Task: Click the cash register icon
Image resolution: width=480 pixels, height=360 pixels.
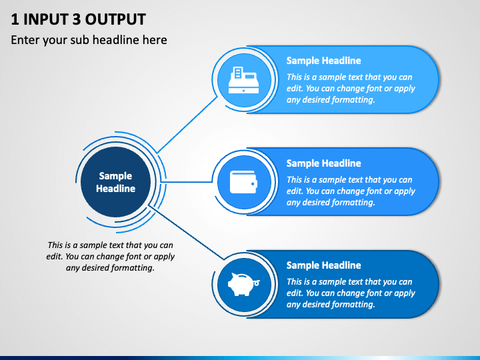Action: tap(244, 80)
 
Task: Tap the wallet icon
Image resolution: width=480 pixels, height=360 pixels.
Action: tap(244, 182)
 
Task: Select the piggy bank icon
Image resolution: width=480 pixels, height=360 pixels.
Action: tap(244, 284)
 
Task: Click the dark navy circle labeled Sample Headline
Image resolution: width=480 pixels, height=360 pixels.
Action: tap(116, 182)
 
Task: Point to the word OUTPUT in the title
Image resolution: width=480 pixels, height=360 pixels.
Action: tap(115, 19)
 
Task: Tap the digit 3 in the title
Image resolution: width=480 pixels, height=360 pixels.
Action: tap(77, 19)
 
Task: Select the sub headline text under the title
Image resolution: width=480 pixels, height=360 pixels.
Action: tap(89, 40)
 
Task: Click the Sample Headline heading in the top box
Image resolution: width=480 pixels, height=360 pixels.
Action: tap(323, 61)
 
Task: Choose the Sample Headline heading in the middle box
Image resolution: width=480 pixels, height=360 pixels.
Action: tap(323, 163)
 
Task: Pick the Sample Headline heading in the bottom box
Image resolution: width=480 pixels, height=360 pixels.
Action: tap(323, 265)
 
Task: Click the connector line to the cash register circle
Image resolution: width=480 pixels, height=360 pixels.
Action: tap(187, 125)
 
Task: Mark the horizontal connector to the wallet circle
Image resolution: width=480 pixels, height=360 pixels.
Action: tap(186, 182)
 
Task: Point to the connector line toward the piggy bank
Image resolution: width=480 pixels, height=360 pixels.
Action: tap(186, 233)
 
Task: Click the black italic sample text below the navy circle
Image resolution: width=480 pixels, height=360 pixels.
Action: tap(110, 257)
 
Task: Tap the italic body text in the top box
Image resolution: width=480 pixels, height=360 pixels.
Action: tap(351, 89)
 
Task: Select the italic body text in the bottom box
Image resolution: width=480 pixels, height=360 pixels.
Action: tap(351, 293)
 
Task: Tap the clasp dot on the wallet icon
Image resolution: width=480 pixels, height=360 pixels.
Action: tap(253, 184)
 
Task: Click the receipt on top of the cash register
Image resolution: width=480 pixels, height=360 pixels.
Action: tap(238, 73)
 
